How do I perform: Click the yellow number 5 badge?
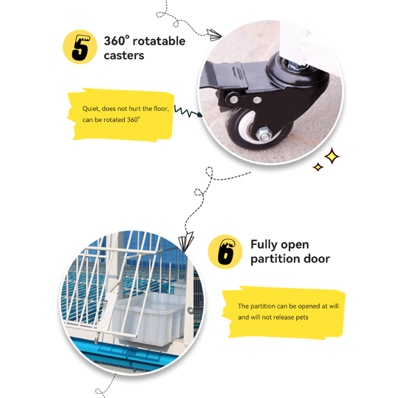click(80, 47)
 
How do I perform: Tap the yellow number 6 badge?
click(225, 252)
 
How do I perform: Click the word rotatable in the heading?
click(159, 41)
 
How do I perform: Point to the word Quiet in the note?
click(91, 109)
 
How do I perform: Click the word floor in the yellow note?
click(161, 109)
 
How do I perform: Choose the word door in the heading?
click(317, 259)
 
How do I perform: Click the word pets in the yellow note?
click(302, 318)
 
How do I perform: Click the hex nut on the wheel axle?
click(263, 134)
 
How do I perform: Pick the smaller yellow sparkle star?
click(318, 167)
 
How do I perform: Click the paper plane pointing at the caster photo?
click(214, 35)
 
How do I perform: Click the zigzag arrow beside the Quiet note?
click(188, 111)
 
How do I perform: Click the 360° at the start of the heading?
click(117, 41)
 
